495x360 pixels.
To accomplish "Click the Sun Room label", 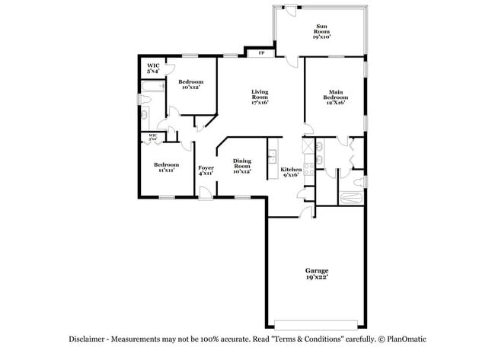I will click(321, 30).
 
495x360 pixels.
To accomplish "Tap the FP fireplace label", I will click(261, 53).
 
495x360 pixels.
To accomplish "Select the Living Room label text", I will click(260, 97).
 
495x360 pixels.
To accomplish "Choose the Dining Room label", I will click(242, 165).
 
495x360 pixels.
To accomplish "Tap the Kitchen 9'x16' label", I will click(291, 172).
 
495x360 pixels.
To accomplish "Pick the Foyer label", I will click(206, 170).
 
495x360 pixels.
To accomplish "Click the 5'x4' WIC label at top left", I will click(152, 68).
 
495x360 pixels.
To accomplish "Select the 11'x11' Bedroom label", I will click(166, 167).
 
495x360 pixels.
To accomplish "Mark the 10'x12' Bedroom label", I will click(190, 84).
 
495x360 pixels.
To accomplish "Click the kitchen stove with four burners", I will click(309, 171).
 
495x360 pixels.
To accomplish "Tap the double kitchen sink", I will click(271, 157).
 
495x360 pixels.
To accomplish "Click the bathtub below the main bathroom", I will click(351, 198).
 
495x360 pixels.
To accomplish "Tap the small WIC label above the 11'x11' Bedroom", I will click(153, 137).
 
